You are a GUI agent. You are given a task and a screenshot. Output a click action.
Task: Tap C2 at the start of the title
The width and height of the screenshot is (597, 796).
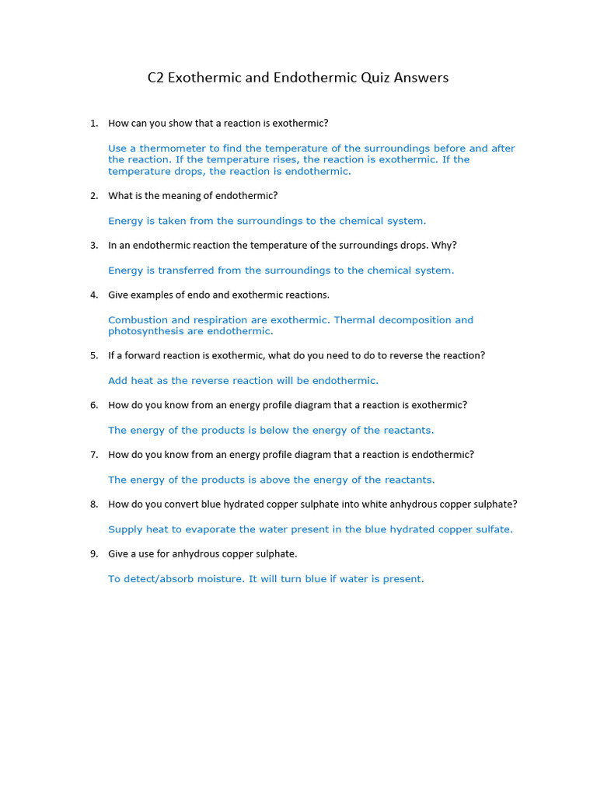coord(155,78)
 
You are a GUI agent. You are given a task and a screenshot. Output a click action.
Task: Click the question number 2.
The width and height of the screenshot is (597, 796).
coord(93,196)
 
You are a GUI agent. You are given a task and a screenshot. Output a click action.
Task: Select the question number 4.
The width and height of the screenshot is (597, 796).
coord(93,295)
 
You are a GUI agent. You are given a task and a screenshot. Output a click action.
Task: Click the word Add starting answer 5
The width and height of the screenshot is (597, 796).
coord(118,381)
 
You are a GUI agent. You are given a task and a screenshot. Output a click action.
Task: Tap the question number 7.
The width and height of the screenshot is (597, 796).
coord(93,455)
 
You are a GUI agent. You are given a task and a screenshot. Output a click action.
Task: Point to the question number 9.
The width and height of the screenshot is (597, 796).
coord(93,554)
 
